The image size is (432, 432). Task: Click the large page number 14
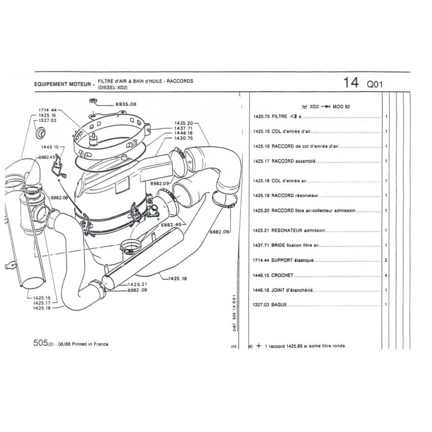350,83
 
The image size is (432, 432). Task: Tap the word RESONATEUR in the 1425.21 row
289,231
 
